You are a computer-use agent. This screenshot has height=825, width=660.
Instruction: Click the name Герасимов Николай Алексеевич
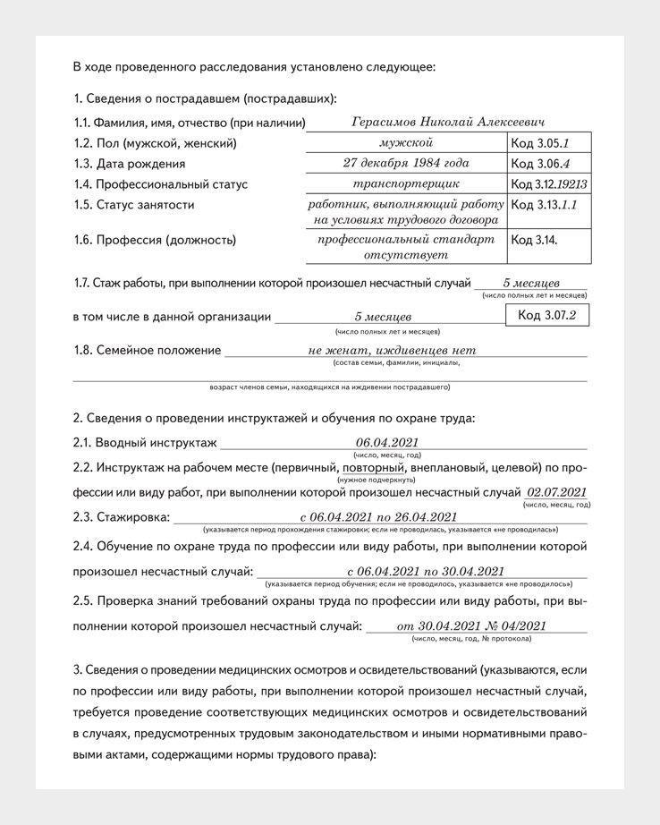(448, 123)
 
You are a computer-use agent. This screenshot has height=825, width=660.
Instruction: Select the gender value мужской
(406, 142)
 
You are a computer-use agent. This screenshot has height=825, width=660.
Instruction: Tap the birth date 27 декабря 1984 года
(406, 163)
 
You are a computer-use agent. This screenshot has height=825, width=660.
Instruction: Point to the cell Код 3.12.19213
(548, 184)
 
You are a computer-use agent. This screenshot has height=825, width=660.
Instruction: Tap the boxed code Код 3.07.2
(546, 315)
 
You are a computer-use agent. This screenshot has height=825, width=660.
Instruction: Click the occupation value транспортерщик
(406, 184)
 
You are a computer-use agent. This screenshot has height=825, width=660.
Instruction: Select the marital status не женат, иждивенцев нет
(392, 350)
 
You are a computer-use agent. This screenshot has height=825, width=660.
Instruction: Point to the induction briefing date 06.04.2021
(386, 442)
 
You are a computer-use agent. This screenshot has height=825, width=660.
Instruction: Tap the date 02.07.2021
(557, 492)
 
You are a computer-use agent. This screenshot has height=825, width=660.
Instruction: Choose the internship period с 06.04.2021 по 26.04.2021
(378, 517)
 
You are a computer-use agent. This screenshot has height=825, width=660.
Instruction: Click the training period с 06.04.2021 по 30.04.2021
(425, 572)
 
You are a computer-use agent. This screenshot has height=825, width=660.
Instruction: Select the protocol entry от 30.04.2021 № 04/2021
(471, 626)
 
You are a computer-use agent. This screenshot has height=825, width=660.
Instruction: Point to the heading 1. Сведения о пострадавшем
(205, 98)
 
